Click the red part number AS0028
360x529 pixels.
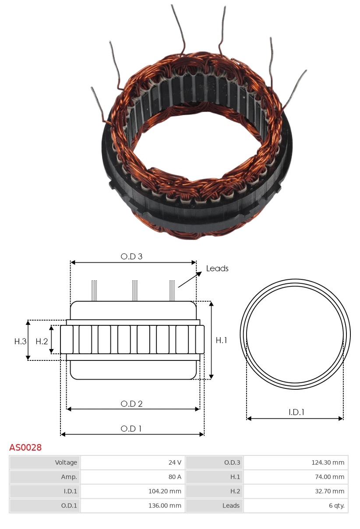pyautogui.click(x=25, y=448)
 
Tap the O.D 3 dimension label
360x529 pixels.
pyautogui.click(x=131, y=257)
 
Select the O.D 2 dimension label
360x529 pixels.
pyautogui.click(x=131, y=404)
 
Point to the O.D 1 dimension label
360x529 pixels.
pyautogui.click(x=131, y=429)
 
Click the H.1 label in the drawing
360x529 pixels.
pyautogui.click(x=222, y=340)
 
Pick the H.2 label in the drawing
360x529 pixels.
pyautogui.click(x=42, y=342)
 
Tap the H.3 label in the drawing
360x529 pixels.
pyautogui.click(x=20, y=342)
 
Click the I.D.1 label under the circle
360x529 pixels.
pyautogui.click(x=296, y=412)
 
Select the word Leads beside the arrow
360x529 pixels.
pyautogui.click(x=217, y=268)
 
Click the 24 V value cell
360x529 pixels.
pyautogui.click(x=133, y=462)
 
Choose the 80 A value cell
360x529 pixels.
pyautogui.click(x=133, y=477)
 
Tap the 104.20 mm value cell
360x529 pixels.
pyautogui.click(x=133, y=491)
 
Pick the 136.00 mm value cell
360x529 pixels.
pyautogui.click(x=133, y=506)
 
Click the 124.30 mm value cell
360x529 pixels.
pyautogui.click(x=296, y=462)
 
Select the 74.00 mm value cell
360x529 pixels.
pyautogui.click(x=296, y=477)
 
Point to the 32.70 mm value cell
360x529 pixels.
pyautogui.click(x=296, y=491)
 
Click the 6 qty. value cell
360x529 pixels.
pyautogui.click(x=296, y=506)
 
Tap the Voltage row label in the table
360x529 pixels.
pyautogui.click(x=45, y=462)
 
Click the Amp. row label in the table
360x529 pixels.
pyautogui.click(x=45, y=477)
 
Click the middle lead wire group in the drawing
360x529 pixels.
pyautogui.click(x=135, y=291)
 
